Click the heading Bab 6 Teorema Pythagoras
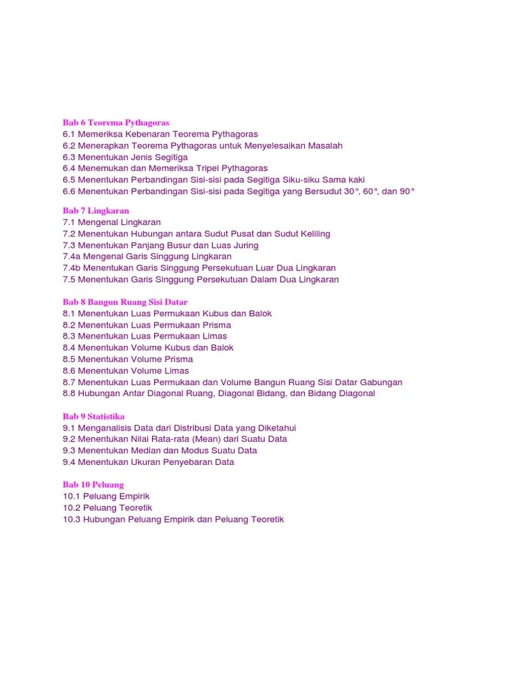point(116,123)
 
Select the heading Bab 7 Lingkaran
point(96,211)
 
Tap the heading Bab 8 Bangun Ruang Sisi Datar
point(125,302)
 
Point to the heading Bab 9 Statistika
point(94,416)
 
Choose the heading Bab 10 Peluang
point(93,485)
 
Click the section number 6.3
point(69,157)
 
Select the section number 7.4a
point(72,256)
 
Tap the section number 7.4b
point(72,268)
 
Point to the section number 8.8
point(69,393)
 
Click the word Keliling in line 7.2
point(312,234)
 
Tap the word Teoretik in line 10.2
point(135,508)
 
